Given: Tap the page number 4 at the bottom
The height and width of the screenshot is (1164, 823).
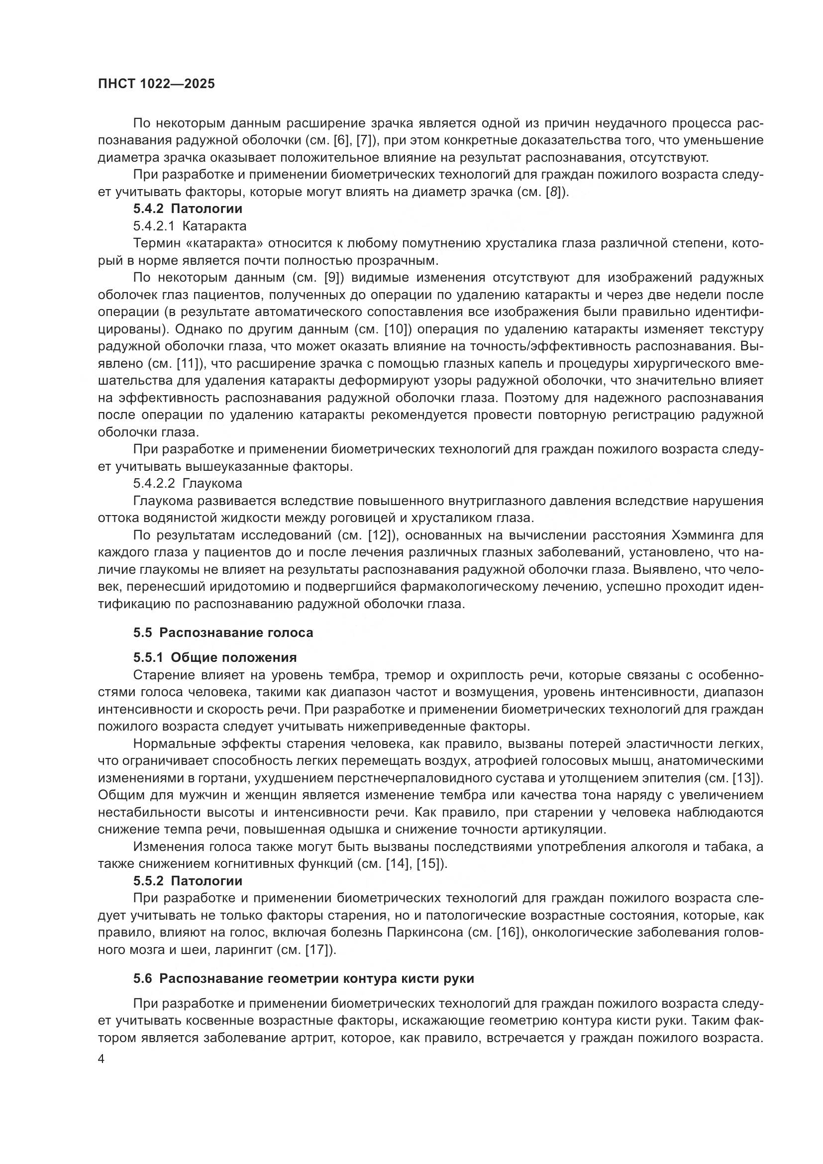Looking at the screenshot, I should [x=102, y=1059].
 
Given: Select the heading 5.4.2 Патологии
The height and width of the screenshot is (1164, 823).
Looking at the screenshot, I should [x=188, y=209].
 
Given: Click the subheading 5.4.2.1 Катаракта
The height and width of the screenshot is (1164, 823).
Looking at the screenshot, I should [x=190, y=225].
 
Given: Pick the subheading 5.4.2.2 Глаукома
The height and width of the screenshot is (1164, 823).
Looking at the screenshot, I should [x=188, y=483].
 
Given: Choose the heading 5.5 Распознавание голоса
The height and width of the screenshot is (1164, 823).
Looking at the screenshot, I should [x=223, y=633].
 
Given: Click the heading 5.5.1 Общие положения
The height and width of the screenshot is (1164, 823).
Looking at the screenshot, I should [x=215, y=657].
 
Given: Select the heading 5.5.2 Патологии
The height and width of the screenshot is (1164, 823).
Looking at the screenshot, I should [x=188, y=881].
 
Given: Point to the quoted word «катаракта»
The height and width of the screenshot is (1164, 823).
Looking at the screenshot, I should [x=225, y=243].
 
